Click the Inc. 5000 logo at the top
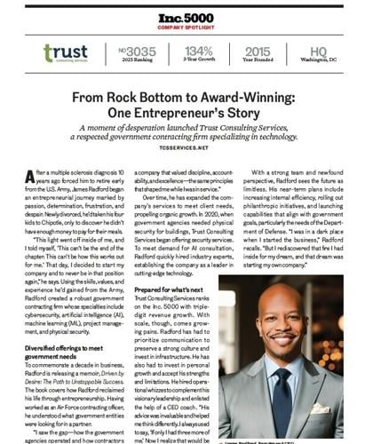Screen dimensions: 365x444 tap(182, 16)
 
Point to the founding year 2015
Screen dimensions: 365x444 tap(258, 51)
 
